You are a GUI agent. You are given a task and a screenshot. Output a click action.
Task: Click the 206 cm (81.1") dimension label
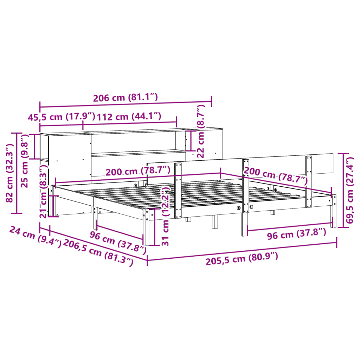coord(125,98)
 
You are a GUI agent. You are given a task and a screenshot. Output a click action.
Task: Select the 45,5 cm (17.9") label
coord(62,117)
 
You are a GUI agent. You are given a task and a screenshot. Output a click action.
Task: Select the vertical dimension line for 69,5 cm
coord(343,190)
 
